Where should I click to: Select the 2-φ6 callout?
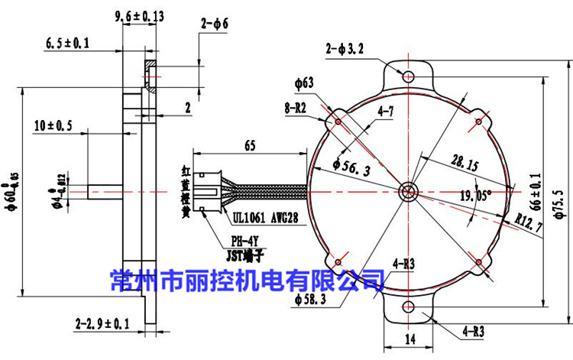click(215, 24)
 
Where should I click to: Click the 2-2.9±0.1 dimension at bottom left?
click(102, 324)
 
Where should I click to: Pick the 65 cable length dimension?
click(249, 144)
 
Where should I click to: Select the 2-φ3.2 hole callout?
click(346, 50)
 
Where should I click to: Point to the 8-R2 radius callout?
click(296, 109)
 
